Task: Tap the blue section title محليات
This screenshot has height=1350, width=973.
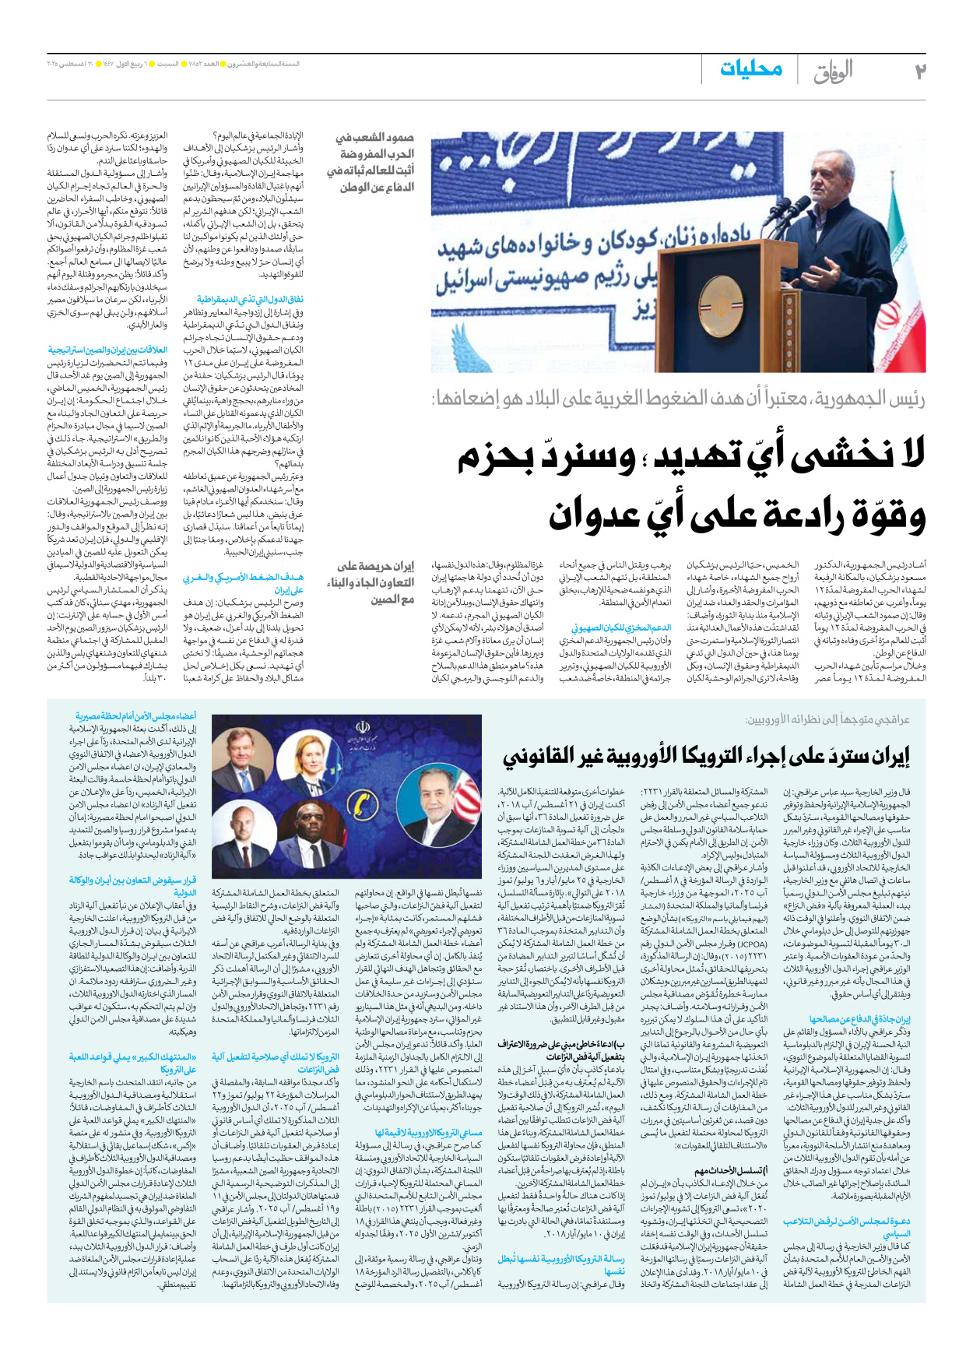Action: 750,69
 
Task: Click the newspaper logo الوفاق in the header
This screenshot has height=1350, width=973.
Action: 833,72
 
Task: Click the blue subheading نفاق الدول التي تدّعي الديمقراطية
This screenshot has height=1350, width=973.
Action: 250,299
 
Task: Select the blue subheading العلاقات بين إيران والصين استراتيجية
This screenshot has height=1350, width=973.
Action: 108,350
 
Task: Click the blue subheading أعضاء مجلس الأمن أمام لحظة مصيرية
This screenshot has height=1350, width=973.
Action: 135,716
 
